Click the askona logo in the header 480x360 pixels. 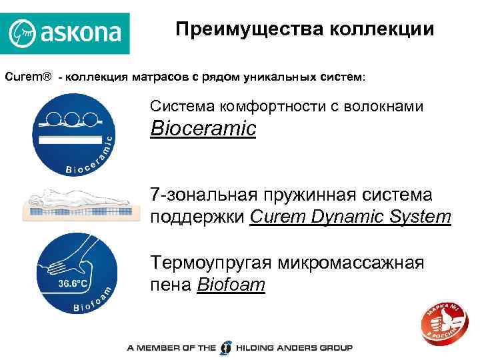(65, 32)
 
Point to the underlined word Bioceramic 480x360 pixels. (203, 129)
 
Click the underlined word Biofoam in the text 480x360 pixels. (231, 285)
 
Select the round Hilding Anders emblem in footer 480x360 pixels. (227, 347)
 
